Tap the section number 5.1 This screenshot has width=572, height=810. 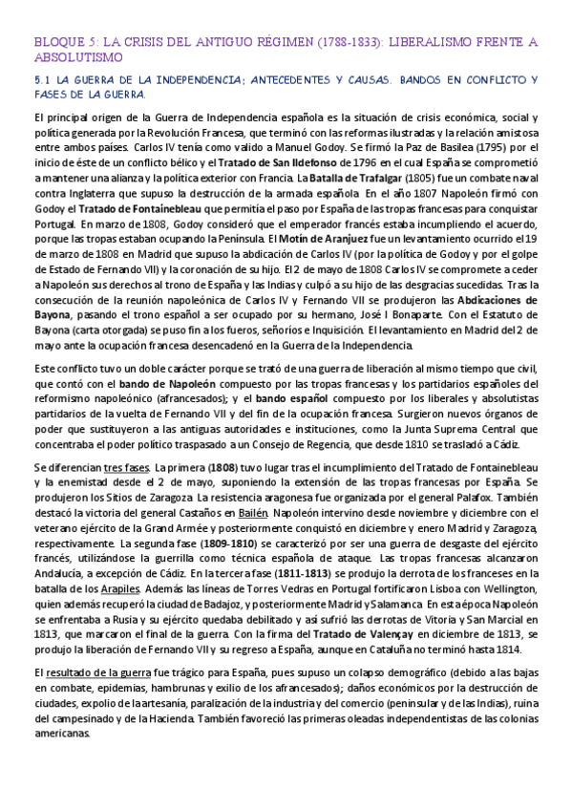click(41, 81)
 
